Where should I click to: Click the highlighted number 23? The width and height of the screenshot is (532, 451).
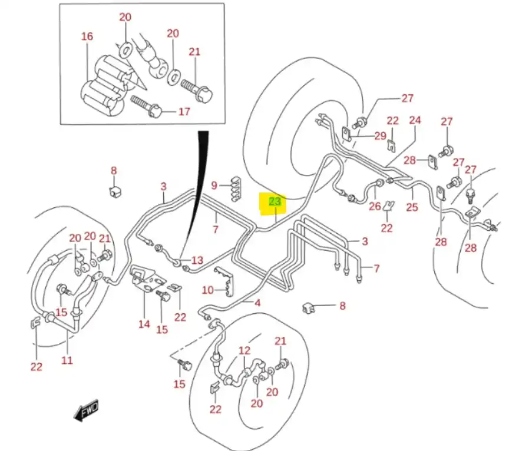pos(275,202)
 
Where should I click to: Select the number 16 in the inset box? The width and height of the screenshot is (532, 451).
pos(87,37)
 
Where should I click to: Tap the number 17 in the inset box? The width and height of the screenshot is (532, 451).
pos(184,111)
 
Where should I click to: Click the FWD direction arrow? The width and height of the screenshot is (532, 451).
pos(86,410)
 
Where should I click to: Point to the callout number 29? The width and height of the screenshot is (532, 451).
pos(380,136)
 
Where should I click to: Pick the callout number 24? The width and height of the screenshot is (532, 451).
pos(415,121)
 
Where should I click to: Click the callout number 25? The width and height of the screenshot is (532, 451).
pos(412,207)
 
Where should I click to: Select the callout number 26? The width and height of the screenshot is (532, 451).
pos(375,206)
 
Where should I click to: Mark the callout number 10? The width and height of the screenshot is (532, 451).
pos(207,290)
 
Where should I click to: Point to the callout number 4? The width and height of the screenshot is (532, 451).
pos(257,303)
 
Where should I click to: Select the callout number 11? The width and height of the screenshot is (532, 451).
pos(67,359)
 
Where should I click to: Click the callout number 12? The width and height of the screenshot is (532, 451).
pos(244,351)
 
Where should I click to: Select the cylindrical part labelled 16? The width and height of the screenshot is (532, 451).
pos(102,85)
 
